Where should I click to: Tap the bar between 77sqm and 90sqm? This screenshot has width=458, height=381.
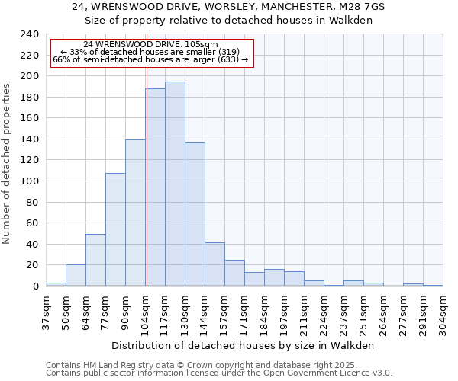(115, 229)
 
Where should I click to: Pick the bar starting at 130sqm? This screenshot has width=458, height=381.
(195, 214)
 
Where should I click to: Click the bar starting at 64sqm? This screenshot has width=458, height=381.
(95, 260)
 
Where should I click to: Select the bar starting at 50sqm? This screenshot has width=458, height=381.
(76, 275)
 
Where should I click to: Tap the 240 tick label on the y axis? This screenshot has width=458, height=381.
(30, 34)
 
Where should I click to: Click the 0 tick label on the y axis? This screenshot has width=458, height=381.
(35, 287)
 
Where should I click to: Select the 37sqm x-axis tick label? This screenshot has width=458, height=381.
(46, 311)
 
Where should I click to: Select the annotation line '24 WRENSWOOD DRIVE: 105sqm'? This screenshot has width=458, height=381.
(150, 44)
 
